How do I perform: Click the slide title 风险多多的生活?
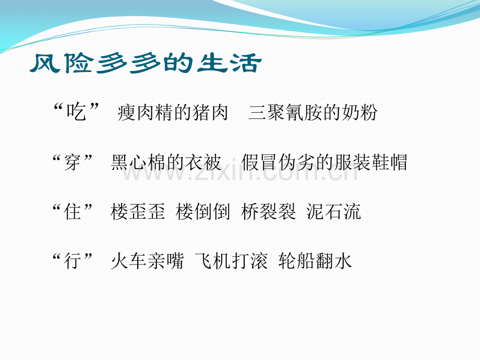pos(146,63)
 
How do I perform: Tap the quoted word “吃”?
pos(76,112)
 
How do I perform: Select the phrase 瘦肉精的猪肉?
pos(173,112)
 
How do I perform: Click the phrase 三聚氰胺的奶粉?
pos(313,112)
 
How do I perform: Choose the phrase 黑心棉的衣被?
pos(166,162)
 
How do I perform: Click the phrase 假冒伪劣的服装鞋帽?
pos(325,162)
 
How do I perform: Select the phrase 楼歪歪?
pos(138,212)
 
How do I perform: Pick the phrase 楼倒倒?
pos(203,212)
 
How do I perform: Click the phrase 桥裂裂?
pos(269,212)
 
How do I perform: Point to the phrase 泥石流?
pos(334,212)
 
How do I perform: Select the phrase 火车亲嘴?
pos(147,261)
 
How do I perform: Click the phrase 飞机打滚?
pos(232,261)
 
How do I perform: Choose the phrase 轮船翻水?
pos(315,261)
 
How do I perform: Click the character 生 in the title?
pos(212,63)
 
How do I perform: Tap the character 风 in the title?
pos(45,63)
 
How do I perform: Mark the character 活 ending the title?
pos(246,63)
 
